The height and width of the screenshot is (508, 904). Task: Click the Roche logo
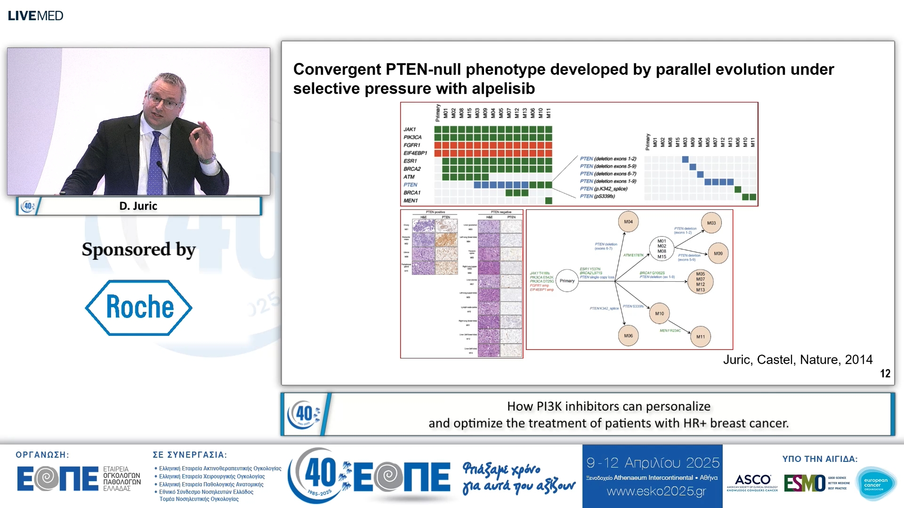click(138, 308)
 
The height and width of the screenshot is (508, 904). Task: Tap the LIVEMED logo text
click(35, 16)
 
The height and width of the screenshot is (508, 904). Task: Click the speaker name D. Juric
click(138, 206)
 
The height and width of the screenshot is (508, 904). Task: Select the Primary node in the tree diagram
click(567, 281)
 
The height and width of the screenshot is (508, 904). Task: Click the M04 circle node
click(628, 222)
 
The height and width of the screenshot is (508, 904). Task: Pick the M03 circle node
click(711, 223)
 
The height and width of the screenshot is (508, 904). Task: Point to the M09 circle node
click(718, 254)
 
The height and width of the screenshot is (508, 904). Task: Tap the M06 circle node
click(628, 336)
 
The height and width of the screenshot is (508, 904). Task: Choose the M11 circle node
click(701, 337)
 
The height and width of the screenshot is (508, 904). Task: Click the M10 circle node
click(659, 314)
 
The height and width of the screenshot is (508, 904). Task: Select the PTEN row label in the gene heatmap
click(410, 185)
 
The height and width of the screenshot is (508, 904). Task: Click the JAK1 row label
click(409, 129)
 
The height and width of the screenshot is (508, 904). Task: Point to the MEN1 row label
click(410, 201)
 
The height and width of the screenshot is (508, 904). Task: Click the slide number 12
click(885, 373)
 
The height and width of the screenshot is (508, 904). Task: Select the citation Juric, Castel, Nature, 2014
click(798, 360)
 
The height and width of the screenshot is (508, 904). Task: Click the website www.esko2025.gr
click(656, 492)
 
